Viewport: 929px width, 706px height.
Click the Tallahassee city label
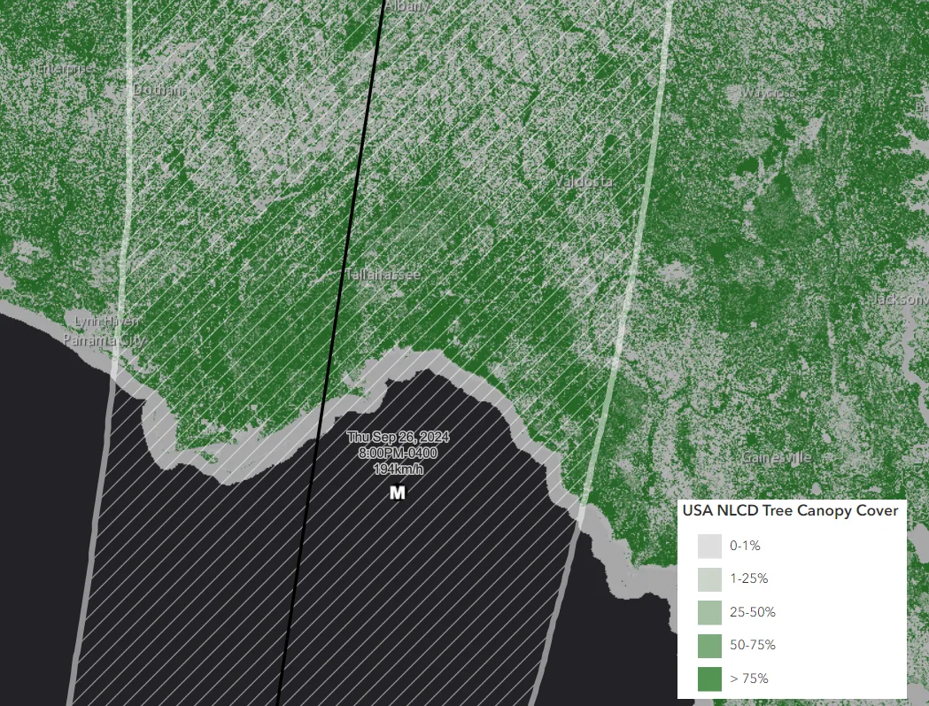tap(382, 275)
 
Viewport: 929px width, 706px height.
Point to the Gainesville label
tap(777, 458)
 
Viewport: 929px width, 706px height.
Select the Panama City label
tap(105, 338)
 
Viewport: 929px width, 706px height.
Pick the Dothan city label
tap(159, 90)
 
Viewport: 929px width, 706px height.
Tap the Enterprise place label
tap(64, 68)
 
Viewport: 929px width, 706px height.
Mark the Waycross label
tap(768, 92)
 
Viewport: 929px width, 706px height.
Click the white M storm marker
tap(398, 493)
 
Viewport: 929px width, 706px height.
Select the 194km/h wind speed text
tap(398, 468)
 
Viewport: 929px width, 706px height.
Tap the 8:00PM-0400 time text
tap(398, 453)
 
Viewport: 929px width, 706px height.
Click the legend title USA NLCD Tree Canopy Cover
tap(790, 511)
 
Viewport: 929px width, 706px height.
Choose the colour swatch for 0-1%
tap(709, 546)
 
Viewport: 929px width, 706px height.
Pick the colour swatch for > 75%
tap(709, 679)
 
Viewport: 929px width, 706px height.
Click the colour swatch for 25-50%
tap(709, 612)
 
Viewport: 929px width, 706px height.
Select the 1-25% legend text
tap(748, 579)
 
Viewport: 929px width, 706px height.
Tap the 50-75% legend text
tap(752, 646)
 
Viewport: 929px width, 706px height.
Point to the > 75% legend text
tap(749, 679)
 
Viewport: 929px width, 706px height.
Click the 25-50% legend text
tap(752, 612)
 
